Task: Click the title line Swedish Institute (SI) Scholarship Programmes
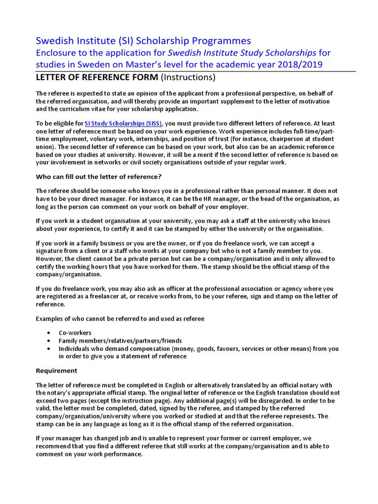[143, 40]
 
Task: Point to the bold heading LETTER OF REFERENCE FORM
[97, 77]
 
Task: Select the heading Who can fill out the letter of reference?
[98, 177]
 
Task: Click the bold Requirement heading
[57, 370]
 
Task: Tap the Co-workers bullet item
[74, 333]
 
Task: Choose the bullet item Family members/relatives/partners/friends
[120, 341]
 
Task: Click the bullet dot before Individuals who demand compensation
[48, 348]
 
